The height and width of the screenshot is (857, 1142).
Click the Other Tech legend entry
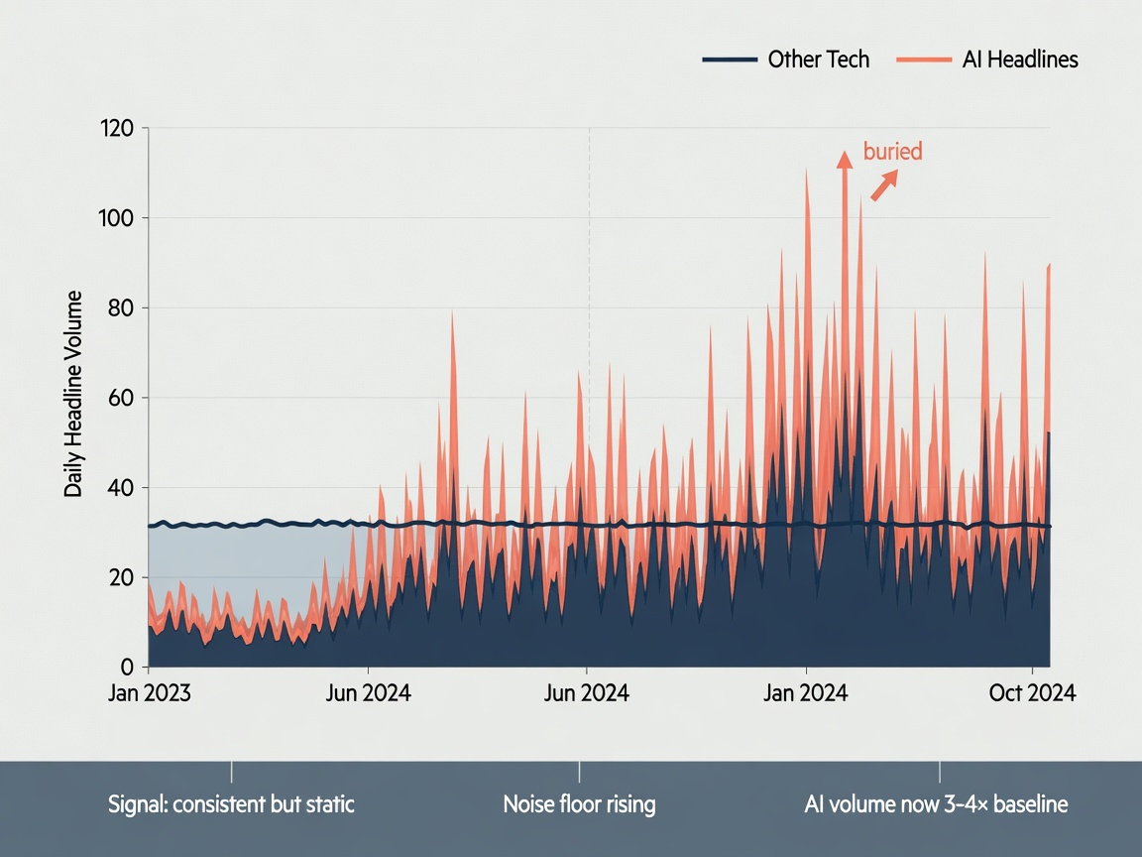(x=786, y=60)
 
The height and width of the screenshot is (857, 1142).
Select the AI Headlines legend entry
(x=987, y=60)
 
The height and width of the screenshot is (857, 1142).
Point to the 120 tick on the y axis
(x=117, y=128)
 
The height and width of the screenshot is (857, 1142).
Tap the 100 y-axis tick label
(x=117, y=218)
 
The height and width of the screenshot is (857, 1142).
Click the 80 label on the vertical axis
(x=121, y=307)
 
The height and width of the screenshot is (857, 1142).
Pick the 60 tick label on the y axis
(x=121, y=398)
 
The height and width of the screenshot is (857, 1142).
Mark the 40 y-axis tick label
(x=121, y=488)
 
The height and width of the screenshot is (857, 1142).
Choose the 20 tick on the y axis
(x=121, y=577)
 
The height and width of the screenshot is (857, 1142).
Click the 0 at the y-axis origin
(x=128, y=667)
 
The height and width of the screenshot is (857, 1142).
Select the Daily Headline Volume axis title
(x=72, y=394)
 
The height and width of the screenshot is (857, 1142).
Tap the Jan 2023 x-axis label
(x=150, y=692)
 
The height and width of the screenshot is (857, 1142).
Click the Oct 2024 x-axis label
(x=1032, y=692)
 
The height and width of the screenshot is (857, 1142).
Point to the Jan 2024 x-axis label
(x=806, y=692)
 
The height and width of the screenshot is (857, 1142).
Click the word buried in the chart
(x=893, y=151)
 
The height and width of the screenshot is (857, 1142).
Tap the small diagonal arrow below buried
(x=885, y=185)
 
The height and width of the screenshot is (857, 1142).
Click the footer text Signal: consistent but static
(x=231, y=803)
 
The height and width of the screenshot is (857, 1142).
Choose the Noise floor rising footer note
(x=580, y=803)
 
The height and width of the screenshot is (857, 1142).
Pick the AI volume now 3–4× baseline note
(x=936, y=803)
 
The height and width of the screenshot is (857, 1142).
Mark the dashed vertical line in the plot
(x=589, y=292)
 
